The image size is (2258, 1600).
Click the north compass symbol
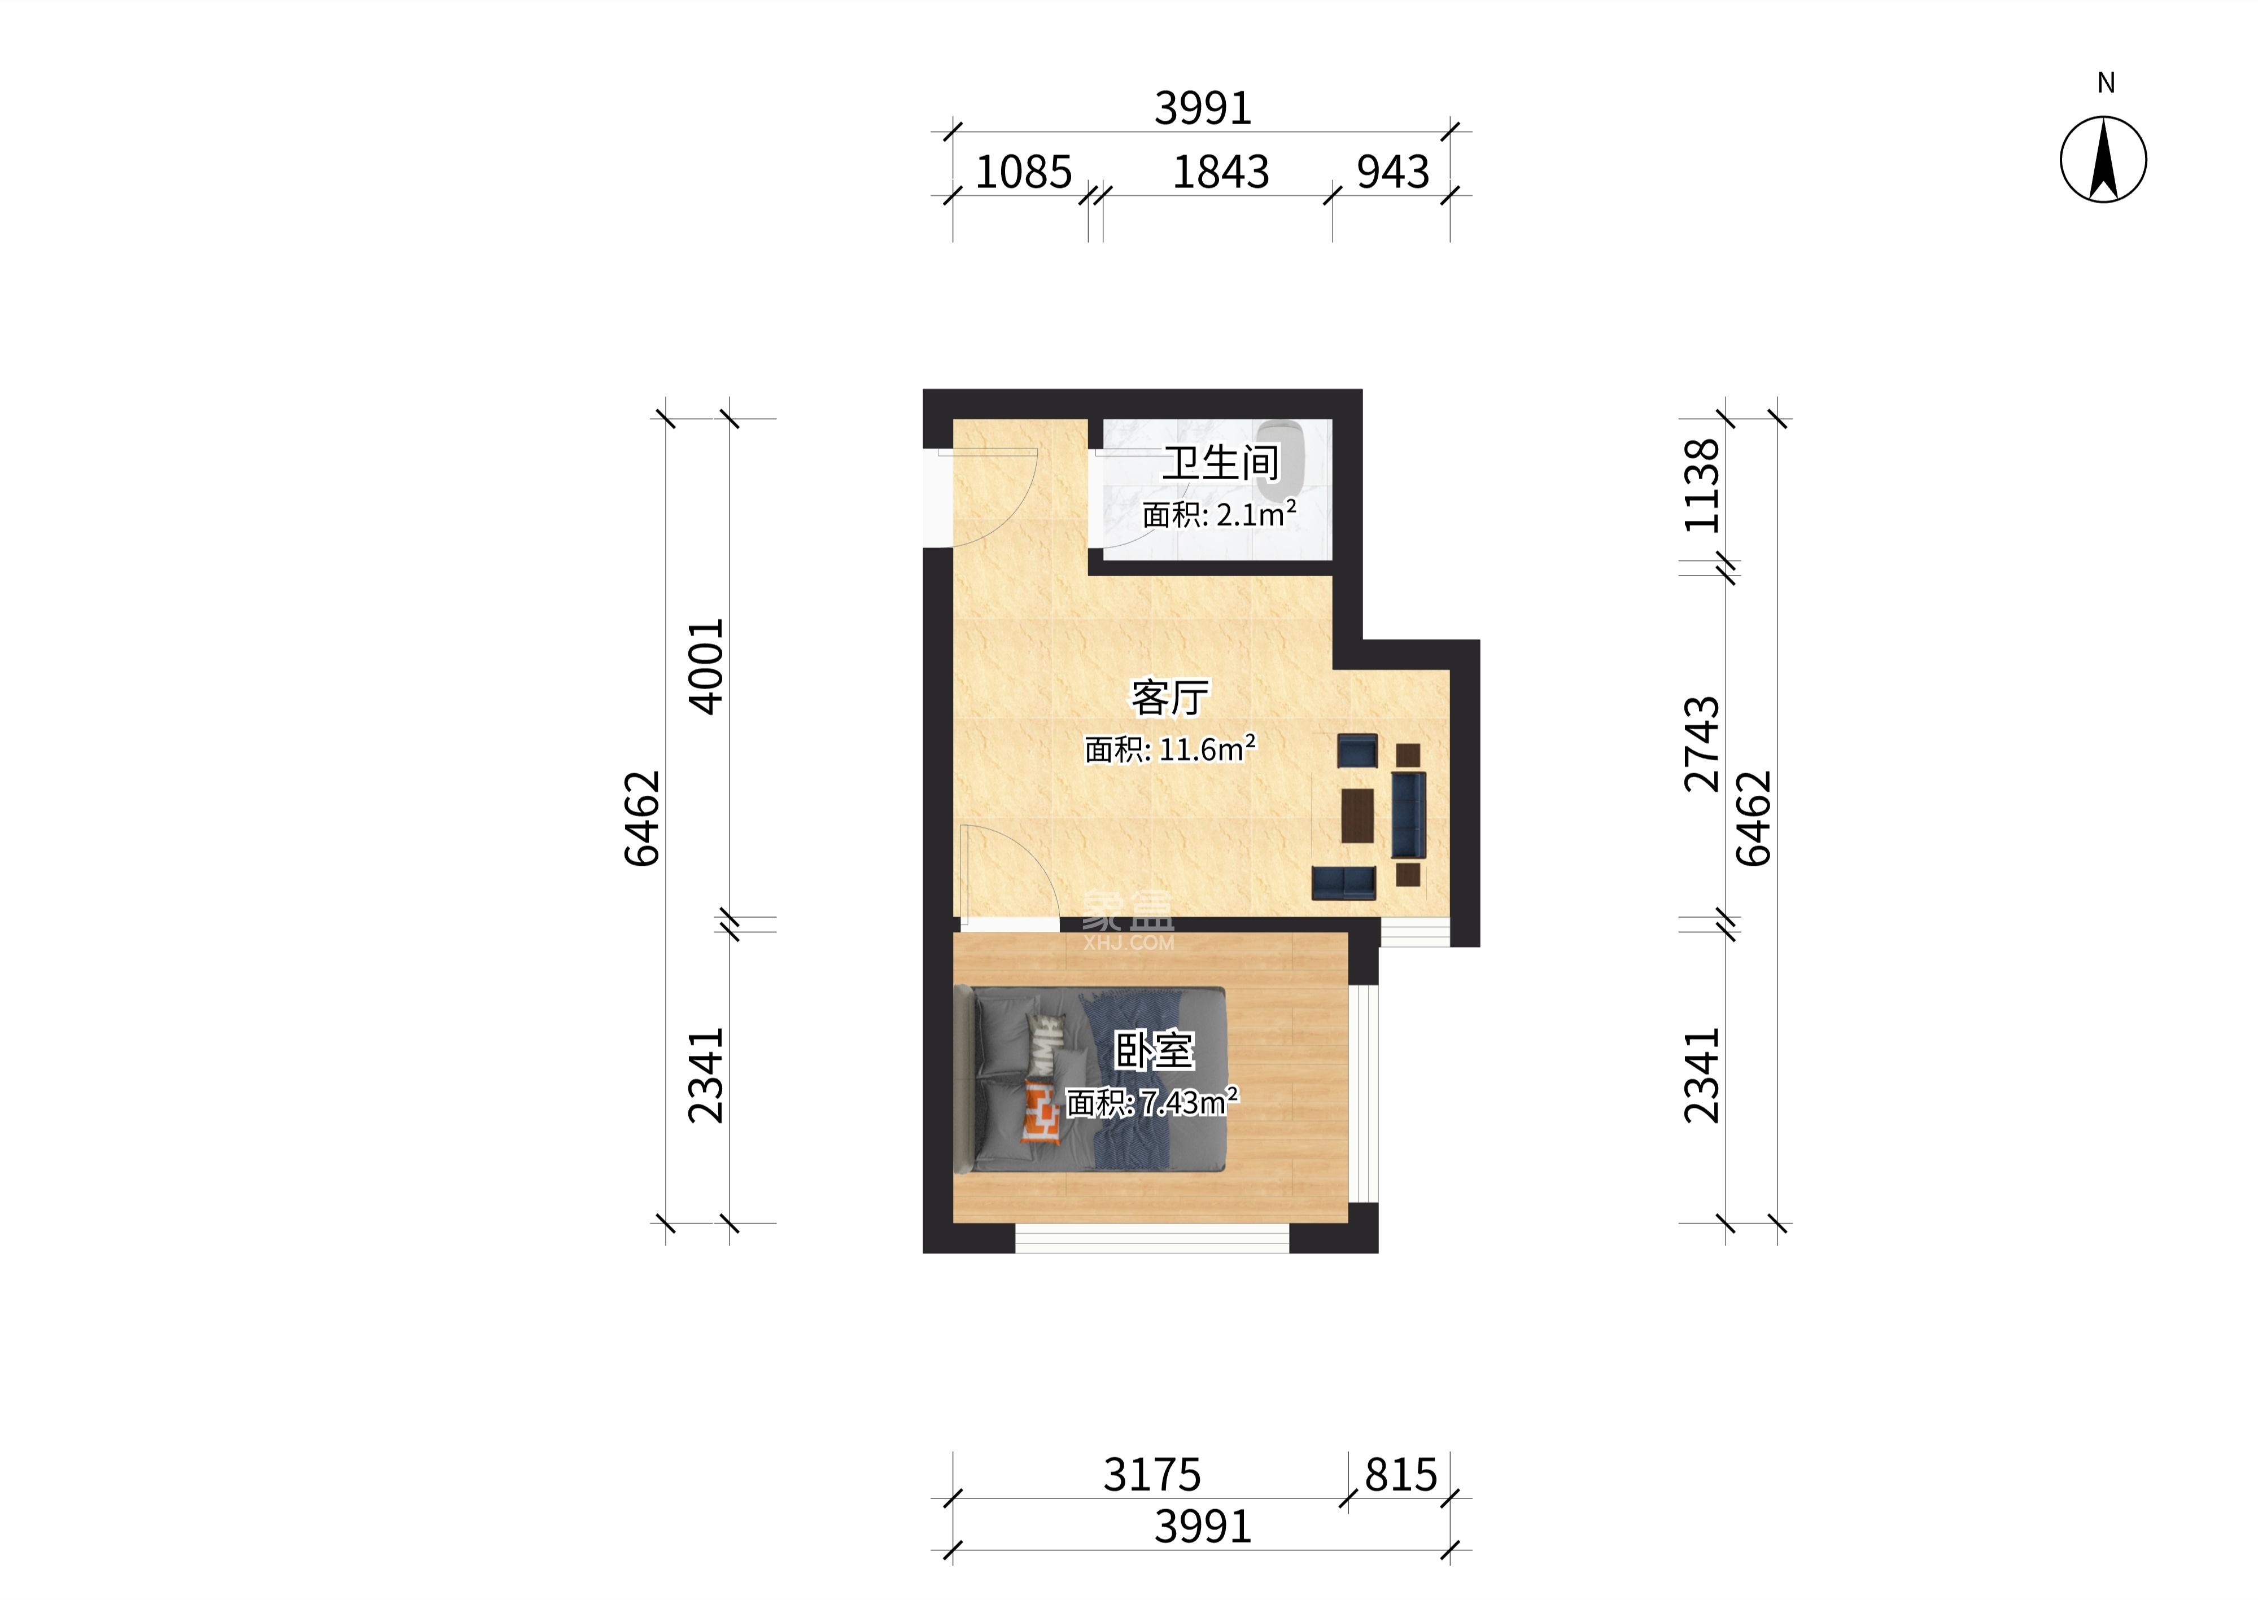click(x=2103, y=160)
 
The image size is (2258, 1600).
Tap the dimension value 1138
click(x=1702, y=486)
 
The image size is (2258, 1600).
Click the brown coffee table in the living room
click(x=1358, y=815)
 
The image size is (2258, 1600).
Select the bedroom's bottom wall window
click(x=1152, y=1238)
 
